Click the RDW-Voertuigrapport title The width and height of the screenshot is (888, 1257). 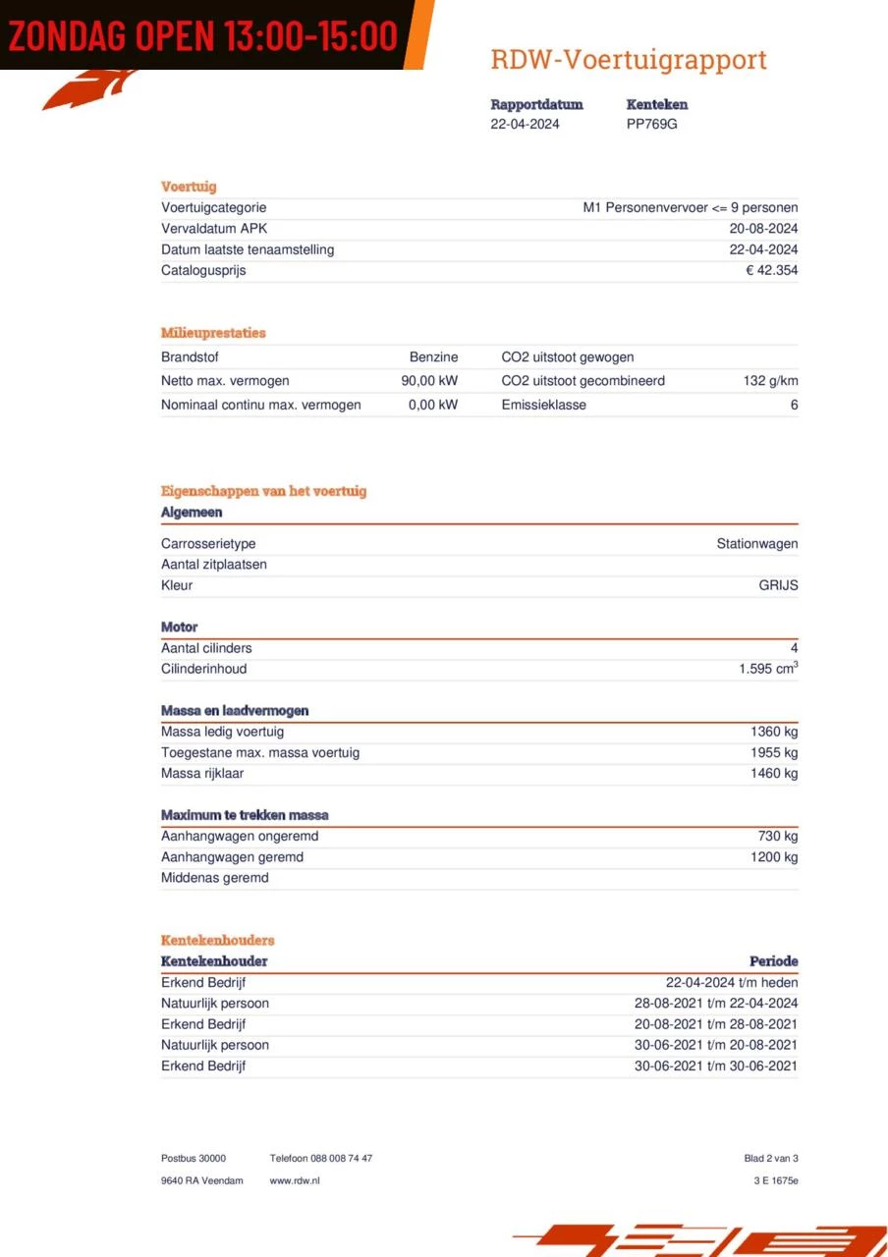[629, 60]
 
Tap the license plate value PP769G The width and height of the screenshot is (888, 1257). [651, 124]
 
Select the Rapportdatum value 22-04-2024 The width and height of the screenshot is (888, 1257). [525, 124]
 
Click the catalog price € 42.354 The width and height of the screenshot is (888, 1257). [771, 270]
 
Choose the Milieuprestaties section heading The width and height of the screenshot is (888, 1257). [213, 333]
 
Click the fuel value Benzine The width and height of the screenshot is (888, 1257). [433, 357]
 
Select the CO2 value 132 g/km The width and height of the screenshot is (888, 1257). [770, 381]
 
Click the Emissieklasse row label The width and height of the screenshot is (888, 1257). [543, 405]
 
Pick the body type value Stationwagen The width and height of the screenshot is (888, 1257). [756, 544]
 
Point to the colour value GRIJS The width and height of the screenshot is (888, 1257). [778, 585]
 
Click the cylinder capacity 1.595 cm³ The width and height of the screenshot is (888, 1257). [768, 669]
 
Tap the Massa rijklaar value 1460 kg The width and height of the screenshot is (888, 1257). [774, 774]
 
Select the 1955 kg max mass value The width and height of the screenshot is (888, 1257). [774, 753]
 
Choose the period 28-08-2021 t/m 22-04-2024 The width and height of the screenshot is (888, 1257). [716, 1004]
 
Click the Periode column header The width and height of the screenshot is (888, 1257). [773, 961]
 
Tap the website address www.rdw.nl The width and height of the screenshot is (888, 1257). [295, 1180]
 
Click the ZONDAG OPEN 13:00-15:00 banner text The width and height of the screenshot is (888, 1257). [203, 34]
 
